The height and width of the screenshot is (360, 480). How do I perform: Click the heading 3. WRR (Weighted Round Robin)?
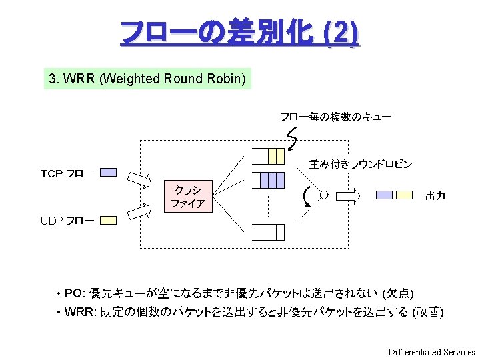[147, 79]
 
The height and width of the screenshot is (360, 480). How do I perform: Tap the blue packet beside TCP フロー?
[108, 172]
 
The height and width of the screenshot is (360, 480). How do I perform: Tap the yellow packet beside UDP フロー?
[108, 219]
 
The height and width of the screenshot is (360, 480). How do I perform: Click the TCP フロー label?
[67, 174]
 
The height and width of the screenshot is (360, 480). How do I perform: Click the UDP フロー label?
[67, 221]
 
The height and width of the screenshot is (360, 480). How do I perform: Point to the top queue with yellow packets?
[269, 156]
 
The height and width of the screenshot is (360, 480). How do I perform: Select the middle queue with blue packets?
[269, 180]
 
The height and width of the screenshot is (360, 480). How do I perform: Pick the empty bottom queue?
[269, 232]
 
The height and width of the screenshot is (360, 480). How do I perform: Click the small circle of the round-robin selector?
[324, 195]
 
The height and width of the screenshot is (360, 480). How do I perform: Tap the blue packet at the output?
[384, 195]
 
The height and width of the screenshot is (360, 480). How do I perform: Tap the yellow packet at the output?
[404, 195]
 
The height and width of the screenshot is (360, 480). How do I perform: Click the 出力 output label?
[435, 196]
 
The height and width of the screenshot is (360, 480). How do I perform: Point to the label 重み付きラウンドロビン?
[361, 164]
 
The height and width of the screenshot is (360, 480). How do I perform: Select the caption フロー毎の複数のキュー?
[335, 117]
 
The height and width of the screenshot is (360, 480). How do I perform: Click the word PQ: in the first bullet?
[75, 293]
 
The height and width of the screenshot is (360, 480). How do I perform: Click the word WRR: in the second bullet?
[80, 312]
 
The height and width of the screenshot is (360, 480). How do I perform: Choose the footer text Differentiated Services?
[431, 352]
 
